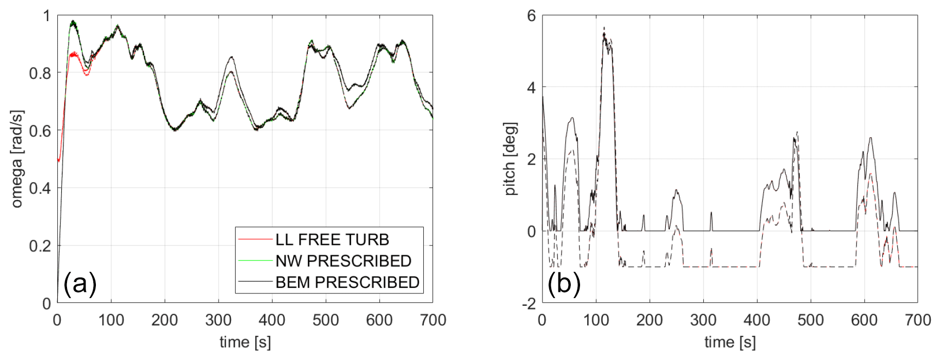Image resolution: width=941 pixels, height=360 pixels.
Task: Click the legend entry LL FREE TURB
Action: (x=332, y=240)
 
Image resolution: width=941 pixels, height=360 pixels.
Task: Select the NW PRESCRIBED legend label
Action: (x=343, y=261)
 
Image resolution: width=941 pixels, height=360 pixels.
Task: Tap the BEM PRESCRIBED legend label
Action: (x=347, y=282)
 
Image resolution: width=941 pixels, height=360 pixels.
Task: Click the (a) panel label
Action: (x=80, y=284)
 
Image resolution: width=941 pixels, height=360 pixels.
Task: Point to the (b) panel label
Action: (x=564, y=284)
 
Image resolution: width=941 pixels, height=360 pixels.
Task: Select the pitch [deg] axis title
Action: (x=510, y=159)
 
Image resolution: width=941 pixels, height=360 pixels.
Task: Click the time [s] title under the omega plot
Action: (x=245, y=342)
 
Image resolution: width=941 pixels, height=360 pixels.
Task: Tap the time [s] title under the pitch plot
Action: (x=730, y=342)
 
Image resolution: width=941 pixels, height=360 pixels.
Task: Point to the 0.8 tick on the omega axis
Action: (x=40, y=74)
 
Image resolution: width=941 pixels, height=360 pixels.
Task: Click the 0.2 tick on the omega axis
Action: (x=40, y=246)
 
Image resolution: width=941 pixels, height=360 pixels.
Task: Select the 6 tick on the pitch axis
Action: (x=531, y=16)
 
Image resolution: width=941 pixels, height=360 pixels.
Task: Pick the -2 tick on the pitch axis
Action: (x=529, y=304)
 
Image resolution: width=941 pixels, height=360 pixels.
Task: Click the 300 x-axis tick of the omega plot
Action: (x=218, y=320)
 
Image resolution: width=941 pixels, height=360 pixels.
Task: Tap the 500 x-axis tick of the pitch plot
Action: (x=811, y=320)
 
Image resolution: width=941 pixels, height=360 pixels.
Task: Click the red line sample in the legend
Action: (x=255, y=240)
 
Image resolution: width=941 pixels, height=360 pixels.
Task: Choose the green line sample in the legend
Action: (x=255, y=261)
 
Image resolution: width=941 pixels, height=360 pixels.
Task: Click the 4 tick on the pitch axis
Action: (x=531, y=88)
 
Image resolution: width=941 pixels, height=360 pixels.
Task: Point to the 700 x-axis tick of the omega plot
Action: (x=433, y=320)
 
